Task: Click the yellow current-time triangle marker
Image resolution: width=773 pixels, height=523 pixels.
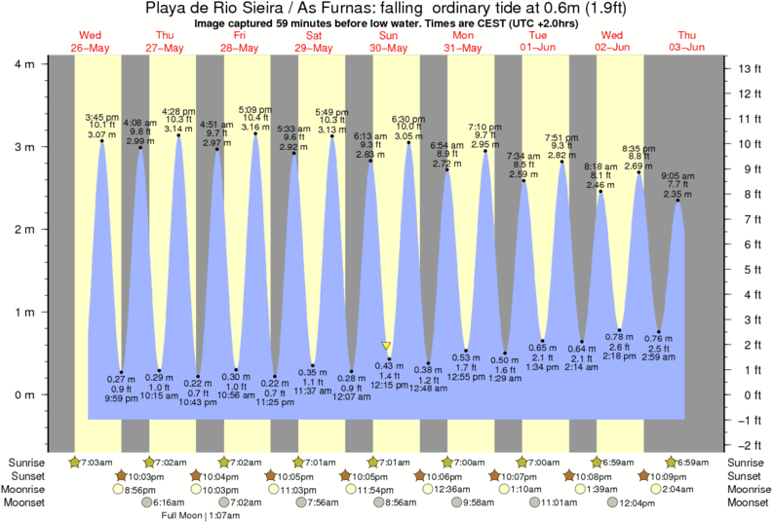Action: (387, 346)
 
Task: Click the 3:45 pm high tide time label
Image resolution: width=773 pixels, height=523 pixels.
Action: (100, 115)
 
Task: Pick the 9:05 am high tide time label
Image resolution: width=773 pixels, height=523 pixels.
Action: (677, 176)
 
